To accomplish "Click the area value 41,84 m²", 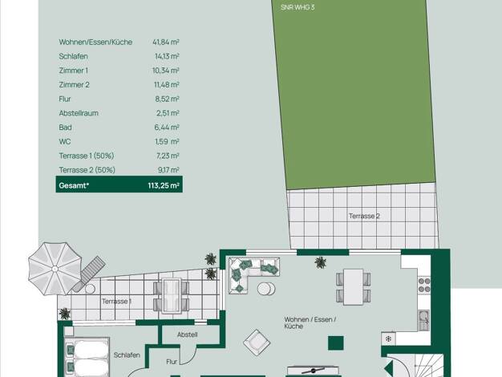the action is click(166, 42).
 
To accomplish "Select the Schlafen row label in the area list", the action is click(73, 56).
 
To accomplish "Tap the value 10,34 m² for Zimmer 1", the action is click(166, 71).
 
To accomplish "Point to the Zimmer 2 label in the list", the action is click(75, 85).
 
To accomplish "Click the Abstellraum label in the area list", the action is click(79, 113).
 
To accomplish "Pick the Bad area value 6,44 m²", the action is click(167, 128).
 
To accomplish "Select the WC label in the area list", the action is click(65, 141).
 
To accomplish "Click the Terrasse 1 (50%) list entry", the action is click(87, 156).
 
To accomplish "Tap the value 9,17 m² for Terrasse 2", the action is click(168, 170).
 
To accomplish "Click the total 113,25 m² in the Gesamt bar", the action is click(164, 185).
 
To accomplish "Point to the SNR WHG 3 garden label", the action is click(298, 7).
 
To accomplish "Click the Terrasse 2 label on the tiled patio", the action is click(364, 217).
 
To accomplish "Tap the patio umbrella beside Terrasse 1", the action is click(55, 269).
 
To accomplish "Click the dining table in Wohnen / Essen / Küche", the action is click(354, 286).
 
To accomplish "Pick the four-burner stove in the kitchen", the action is click(424, 286).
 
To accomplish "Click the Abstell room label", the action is click(188, 334).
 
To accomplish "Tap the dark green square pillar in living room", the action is click(336, 343).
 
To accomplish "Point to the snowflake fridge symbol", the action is click(388, 338).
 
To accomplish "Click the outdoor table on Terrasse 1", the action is click(172, 296).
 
